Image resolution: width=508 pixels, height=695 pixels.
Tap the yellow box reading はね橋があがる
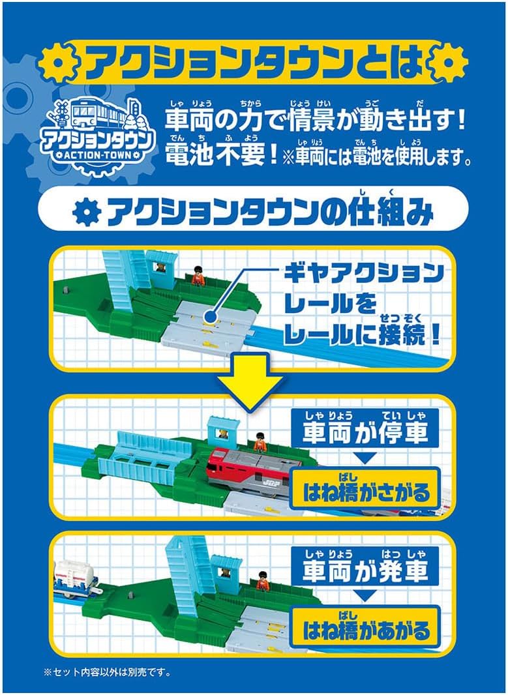click(366, 630)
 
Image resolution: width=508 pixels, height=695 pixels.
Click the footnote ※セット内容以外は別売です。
click(106, 671)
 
